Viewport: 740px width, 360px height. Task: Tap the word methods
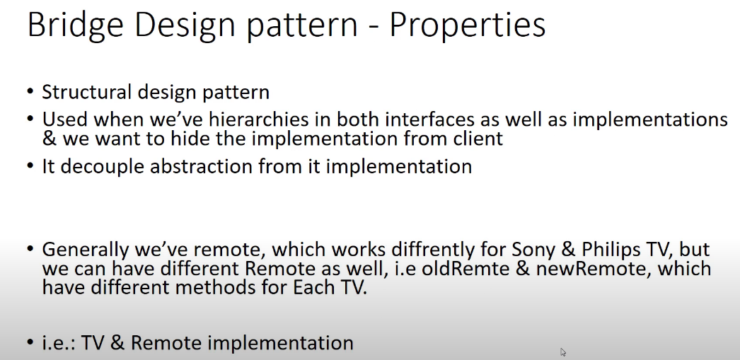(226, 288)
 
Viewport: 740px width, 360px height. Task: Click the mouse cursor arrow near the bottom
(563, 352)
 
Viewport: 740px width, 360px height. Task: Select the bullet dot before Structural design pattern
(30, 93)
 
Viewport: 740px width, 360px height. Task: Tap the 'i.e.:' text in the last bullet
(59, 343)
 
